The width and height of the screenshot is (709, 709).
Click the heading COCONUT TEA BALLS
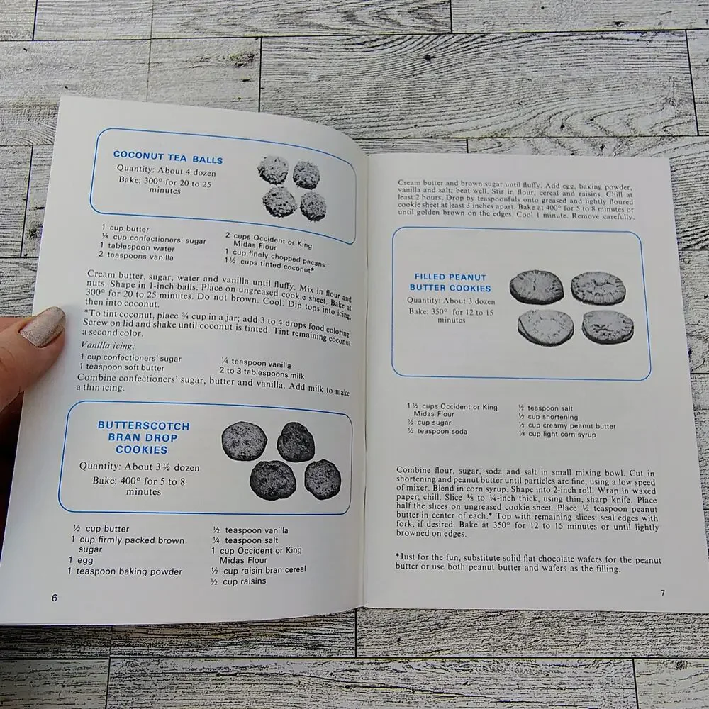(x=168, y=157)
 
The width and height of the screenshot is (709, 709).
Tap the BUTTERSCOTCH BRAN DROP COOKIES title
(x=143, y=437)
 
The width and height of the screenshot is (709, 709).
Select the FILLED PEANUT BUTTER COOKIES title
(x=450, y=283)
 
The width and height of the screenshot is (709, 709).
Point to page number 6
(x=55, y=598)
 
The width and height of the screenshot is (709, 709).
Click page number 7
(x=663, y=592)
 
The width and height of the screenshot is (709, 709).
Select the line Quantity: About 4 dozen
(x=166, y=170)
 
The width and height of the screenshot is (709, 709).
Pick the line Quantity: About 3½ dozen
(x=139, y=467)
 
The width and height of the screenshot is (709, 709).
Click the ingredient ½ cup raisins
(x=238, y=581)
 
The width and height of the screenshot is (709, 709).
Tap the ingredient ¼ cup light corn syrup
(x=557, y=434)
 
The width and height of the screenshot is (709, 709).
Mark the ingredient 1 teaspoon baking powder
(x=125, y=571)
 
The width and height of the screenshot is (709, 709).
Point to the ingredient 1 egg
(x=81, y=560)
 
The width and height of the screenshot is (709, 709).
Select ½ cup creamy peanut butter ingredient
(x=567, y=425)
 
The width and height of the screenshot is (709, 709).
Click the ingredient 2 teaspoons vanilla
(x=136, y=256)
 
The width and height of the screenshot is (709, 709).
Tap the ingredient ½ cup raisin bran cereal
(x=259, y=570)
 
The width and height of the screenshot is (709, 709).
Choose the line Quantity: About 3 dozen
(x=451, y=301)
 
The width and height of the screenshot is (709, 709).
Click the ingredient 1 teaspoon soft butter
(x=122, y=367)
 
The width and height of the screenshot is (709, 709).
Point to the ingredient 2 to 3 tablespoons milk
(x=262, y=373)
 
